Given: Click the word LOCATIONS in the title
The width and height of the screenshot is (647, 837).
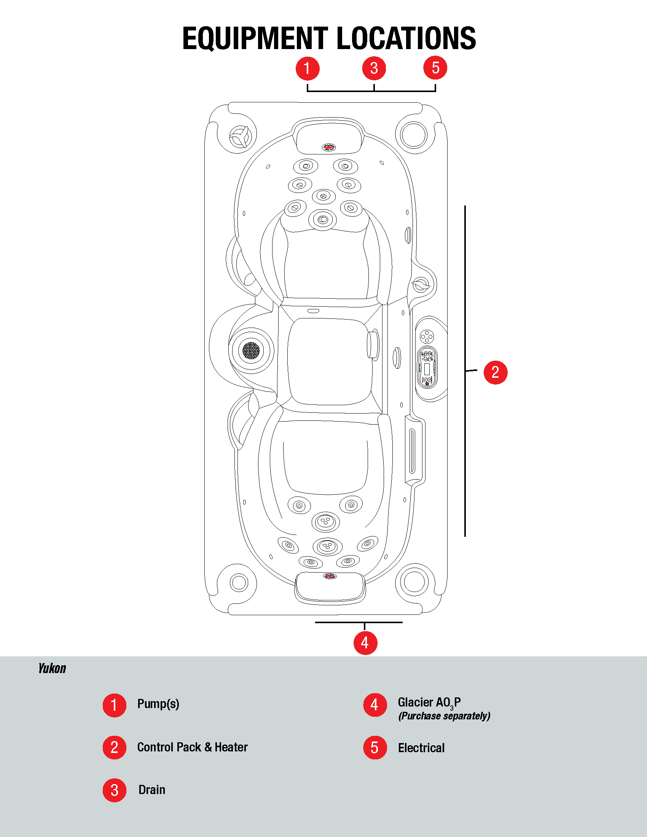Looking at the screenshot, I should pos(406,38).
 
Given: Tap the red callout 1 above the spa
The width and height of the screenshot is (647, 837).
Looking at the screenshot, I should pos(308,68).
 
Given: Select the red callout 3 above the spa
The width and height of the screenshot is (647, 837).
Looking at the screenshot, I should pos(374,68).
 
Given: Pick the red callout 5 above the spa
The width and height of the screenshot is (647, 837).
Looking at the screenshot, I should pos(435,68).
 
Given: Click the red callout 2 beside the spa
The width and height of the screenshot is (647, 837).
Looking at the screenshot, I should pos(495,372).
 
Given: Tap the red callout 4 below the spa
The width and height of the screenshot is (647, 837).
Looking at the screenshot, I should pos(365,643).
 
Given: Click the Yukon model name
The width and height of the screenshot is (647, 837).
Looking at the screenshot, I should pos(52,668).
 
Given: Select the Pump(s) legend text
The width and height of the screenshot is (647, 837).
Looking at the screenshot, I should pos(158,704).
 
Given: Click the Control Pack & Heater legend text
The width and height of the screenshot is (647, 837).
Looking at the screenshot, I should pos(192,747).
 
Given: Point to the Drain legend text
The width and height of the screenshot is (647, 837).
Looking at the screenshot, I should pos(152,790).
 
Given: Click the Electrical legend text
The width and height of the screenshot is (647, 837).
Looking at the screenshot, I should pos(421,748).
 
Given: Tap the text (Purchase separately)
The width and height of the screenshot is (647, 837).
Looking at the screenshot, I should pos(444,716).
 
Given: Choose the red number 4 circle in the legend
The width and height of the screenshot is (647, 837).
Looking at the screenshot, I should pos(374,705).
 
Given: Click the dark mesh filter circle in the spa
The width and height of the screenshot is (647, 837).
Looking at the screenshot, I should pos(251,350).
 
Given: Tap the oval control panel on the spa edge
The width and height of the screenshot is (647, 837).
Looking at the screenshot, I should pos(427,367).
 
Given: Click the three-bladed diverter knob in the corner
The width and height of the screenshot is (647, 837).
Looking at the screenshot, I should pos(240,137).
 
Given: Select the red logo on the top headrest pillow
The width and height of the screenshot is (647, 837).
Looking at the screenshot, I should pos(328,147).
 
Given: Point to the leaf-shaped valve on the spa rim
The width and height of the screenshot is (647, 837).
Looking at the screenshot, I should pos(421,285).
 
